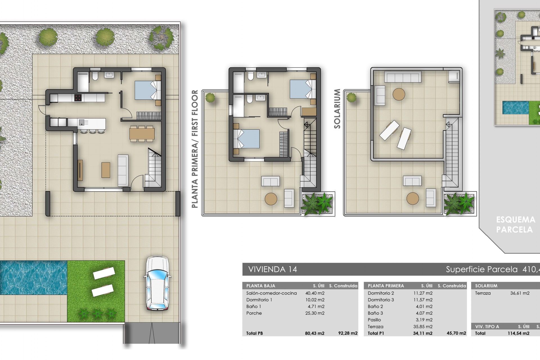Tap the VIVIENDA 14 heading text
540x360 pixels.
tap(273, 269)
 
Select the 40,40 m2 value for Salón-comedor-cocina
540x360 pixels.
tap(315, 293)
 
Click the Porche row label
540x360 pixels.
tap(254, 313)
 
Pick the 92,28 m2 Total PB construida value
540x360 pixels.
tap(348, 333)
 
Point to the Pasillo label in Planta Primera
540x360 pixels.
tap(374, 320)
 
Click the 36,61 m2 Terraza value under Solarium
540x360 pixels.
tap(520, 293)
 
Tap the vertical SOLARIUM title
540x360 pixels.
tap(337, 109)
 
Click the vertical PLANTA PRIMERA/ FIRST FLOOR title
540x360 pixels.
tap(195, 149)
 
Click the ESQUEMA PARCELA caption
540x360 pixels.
tap(516, 224)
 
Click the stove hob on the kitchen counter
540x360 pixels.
tap(78, 98)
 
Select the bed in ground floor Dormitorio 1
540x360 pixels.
tap(147, 90)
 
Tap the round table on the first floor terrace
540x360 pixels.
tap(271, 199)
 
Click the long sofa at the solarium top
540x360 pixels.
tap(403, 77)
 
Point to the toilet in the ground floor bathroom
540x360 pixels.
tap(95, 76)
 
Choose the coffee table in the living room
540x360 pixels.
tap(106, 170)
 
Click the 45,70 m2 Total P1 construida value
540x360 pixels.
tap(456, 333)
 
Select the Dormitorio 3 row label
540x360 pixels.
tap(381, 300)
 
